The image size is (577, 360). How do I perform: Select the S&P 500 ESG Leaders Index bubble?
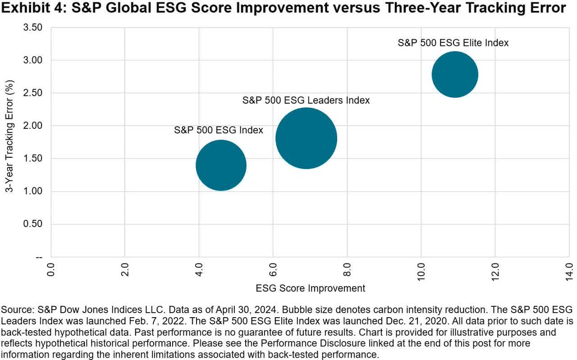click(x=306, y=138)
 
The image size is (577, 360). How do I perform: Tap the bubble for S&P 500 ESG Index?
click(x=221, y=165)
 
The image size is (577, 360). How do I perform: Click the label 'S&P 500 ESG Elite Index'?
click(x=453, y=43)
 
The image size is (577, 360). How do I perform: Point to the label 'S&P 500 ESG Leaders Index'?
click(x=306, y=100)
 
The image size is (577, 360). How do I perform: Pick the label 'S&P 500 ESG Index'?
click(x=218, y=130)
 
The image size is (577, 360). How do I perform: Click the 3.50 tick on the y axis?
click(x=33, y=27)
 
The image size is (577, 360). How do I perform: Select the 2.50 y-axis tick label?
click(x=33, y=93)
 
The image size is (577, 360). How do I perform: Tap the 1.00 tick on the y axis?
click(x=33, y=191)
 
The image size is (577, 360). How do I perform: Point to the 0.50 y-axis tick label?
click(x=33, y=224)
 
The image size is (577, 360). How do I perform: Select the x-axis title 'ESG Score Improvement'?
click(x=310, y=288)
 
